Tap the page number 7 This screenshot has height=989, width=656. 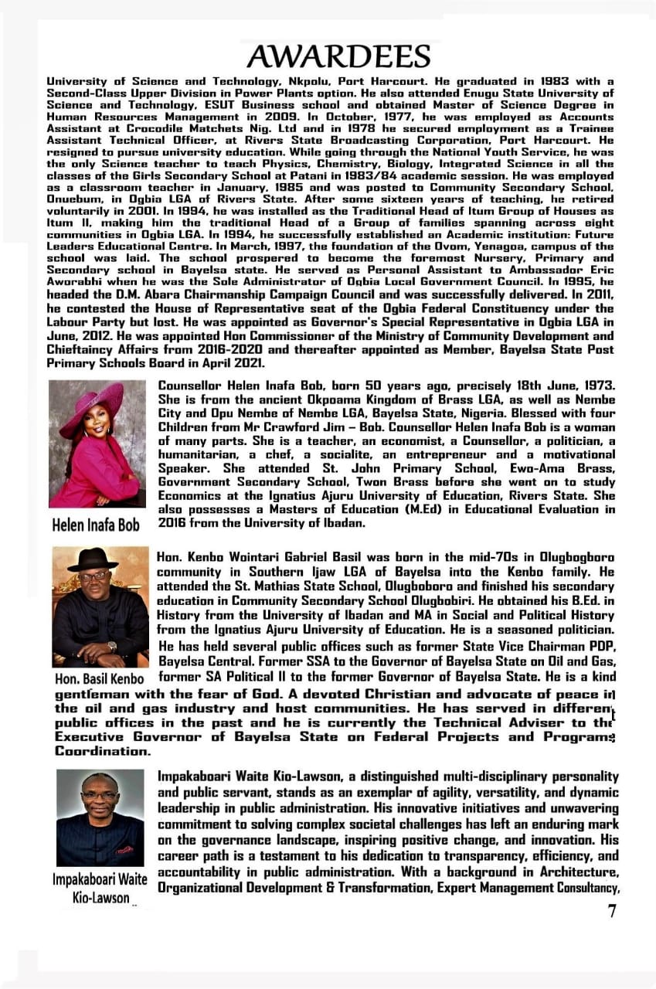[612, 911]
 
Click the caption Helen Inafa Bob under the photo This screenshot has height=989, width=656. [96, 525]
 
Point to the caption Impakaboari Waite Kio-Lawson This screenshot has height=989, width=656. [100, 889]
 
